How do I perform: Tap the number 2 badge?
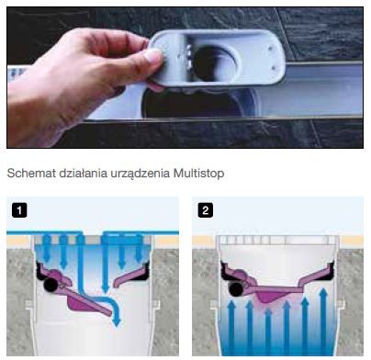(205, 209)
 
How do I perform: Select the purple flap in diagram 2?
(275, 291)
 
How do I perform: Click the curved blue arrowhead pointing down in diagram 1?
(116, 319)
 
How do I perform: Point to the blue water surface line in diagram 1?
(92, 234)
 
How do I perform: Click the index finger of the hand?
(110, 37)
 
